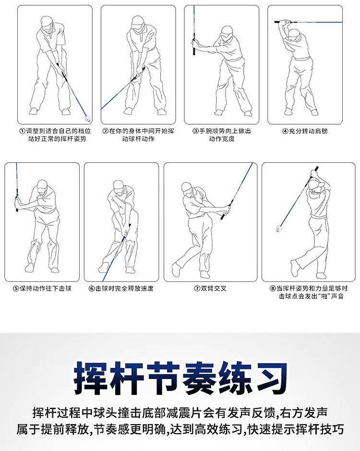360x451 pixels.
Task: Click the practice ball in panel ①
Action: pyautogui.click(x=87, y=118)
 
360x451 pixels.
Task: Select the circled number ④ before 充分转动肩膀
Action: pyautogui.click(x=285, y=132)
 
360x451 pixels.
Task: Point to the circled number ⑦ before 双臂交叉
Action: pyautogui.click(x=197, y=289)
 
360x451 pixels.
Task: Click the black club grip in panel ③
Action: pyautogui.click(x=194, y=48)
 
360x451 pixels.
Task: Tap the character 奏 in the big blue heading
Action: pyautogui.click(x=198, y=378)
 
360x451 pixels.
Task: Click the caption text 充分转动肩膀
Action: pyautogui.click(x=308, y=132)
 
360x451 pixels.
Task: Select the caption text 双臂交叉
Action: pyautogui.click(x=214, y=289)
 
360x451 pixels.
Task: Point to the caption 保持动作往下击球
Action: pyautogui.click(x=46, y=289)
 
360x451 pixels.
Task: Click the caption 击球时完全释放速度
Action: pyautogui.click(x=124, y=289)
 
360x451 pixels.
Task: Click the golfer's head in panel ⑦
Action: pyautogui.click(x=188, y=188)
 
